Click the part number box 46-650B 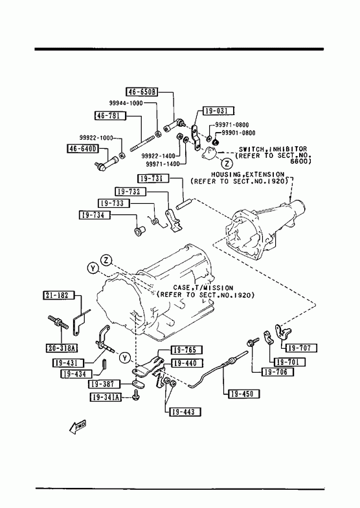[142, 92]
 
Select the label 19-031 [218, 111]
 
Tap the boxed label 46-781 [110, 115]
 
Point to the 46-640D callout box [82, 149]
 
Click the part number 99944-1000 [126, 103]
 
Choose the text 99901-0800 [238, 133]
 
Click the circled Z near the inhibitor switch [227, 162]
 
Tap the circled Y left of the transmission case [93, 269]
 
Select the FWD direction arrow [78, 427]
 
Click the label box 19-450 [244, 394]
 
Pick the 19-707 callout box [300, 348]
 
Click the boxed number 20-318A [62, 348]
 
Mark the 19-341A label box [106, 397]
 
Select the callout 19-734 [95, 215]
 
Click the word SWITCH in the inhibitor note [251, 149]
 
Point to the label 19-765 [186, 350]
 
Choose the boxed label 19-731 [153, 179]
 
